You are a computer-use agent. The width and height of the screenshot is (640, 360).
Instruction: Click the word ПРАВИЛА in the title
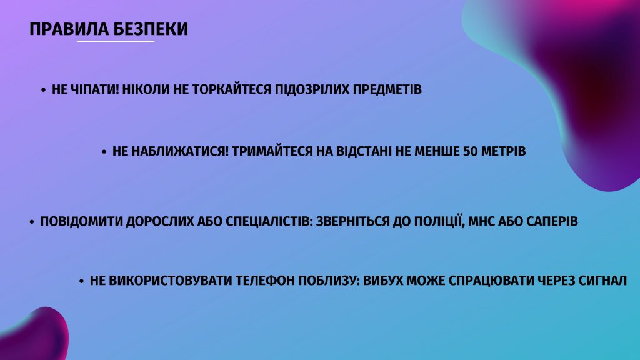(x=69, y=29)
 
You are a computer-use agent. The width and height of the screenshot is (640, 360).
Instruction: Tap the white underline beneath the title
(x=116, y=41)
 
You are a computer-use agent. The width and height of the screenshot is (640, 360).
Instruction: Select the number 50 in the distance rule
(x=470, y=151)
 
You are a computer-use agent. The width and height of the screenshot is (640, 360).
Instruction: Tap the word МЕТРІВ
(x=504, y=151)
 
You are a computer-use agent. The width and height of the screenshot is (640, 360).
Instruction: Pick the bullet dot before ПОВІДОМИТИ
(x=32, y=222)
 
